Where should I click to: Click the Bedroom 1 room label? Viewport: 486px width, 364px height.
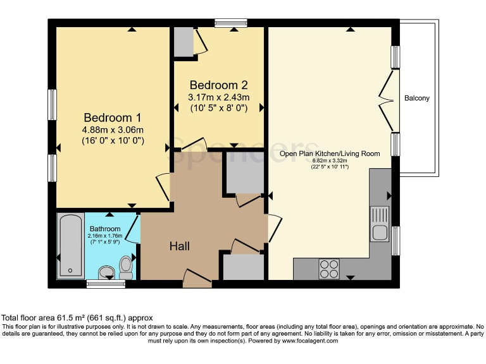112,118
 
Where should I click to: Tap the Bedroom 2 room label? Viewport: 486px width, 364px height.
218,85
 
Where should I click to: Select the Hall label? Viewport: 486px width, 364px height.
179,246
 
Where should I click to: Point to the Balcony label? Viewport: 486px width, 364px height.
416,98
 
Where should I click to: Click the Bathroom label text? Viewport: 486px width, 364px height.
104,229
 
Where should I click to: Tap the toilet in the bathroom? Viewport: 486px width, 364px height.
126,267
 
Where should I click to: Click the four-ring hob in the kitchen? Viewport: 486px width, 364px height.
328,269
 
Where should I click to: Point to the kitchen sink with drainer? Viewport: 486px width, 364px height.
379,224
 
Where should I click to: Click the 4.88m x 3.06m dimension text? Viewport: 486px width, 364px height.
112,131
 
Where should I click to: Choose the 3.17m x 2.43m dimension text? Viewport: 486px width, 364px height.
218,97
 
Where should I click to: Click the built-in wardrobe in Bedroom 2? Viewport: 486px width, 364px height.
184,42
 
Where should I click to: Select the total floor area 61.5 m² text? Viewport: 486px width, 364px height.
77,318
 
